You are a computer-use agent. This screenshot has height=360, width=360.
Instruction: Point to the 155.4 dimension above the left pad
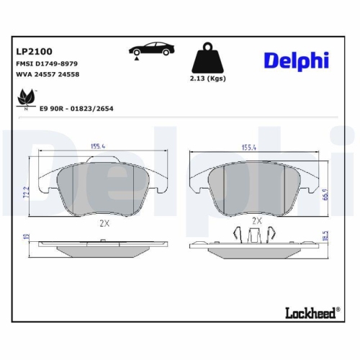pos(98,146)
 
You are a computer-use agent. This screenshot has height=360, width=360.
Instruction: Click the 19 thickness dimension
pos(25,238)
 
